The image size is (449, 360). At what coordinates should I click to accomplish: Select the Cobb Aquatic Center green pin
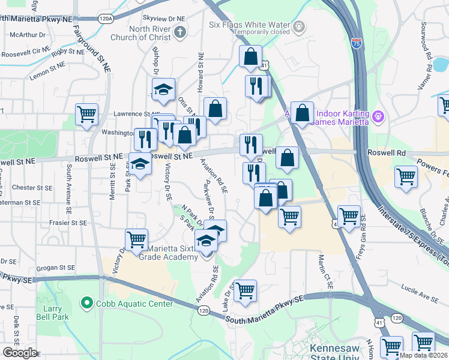coord(88,304)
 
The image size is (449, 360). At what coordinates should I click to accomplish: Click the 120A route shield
coord(106,19)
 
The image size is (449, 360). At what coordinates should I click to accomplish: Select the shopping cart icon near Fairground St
coord(87,113)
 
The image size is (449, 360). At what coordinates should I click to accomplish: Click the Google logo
coord(20,353)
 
